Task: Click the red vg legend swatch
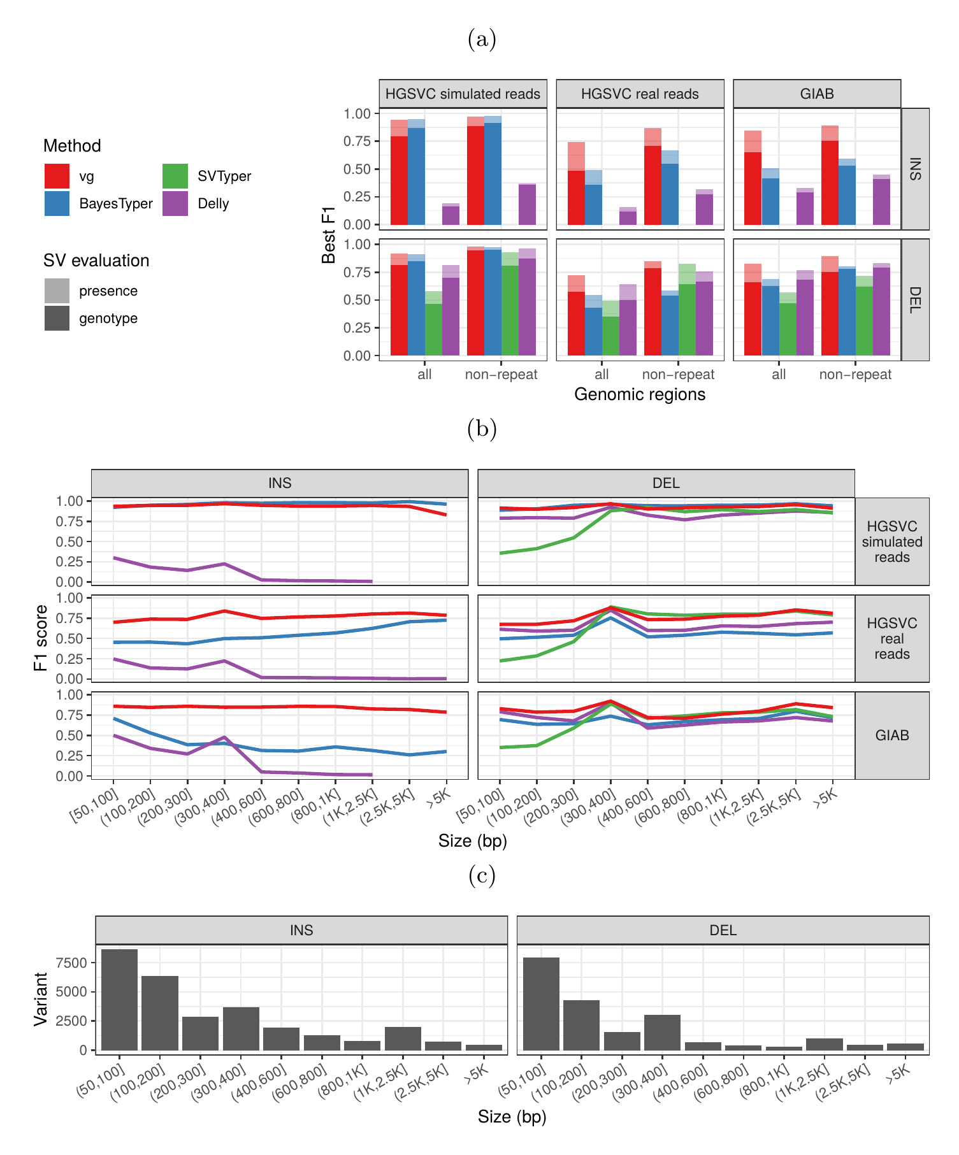pyautogui.click(x=57, y=176)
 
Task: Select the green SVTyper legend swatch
pyautogui.click(x=175, y=176)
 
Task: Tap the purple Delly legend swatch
pyautogui.click(x=175, y=204)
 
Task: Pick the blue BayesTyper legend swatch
pyautogui.click(x=57, y=204)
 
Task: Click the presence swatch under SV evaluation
pyautogui.click(x=57, y=291)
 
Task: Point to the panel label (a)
pyautogui.click(x=482, y=39)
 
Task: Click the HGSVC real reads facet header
pyautogui.click(x=640, y=94)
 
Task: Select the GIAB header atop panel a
pyautogui.click(x=817, y=94)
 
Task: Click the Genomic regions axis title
pyautogui.click(x=640, y=394)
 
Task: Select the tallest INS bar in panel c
pyautogui.click(x=119, y=1000)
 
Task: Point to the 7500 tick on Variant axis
pyautogui.click(x=71, y=963)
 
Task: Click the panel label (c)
pyautogui.click(x=482, y=876)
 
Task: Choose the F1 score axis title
pyautogui.click(x=41, y=638)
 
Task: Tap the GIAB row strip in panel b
pyautogui.click(x=891, y=735)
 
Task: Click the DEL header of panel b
pyautogui.click(x=666, y=484)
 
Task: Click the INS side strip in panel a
pyautogui.click(x=915, y=169)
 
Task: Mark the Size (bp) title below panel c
pyautogui.click(x=512, y=1117)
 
